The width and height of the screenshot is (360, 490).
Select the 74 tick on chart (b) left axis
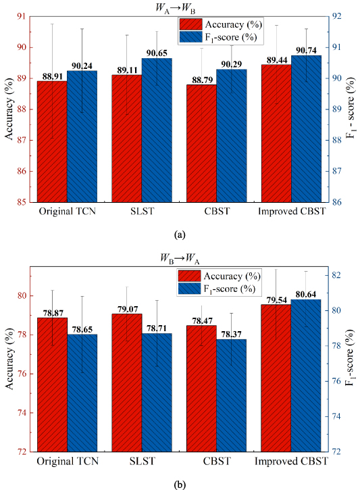23,413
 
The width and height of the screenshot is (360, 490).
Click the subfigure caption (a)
179,235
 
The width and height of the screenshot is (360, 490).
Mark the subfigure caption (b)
179,483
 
